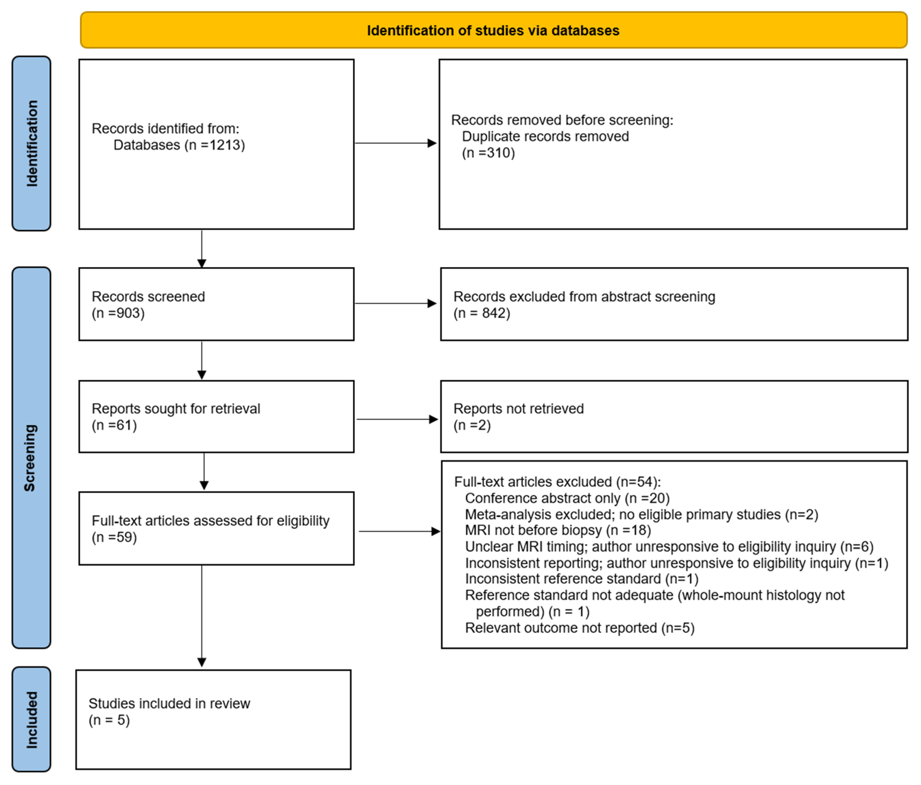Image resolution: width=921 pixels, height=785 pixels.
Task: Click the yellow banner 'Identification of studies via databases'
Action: click(493, 30)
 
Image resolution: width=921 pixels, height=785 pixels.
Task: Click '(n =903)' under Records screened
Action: click(118, 313)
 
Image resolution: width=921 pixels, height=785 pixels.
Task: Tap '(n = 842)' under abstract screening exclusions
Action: click(482, 313)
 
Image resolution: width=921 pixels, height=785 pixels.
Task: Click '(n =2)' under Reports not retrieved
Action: click(472, 426)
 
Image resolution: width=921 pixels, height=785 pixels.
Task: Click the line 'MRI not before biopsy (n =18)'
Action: click(558, 531)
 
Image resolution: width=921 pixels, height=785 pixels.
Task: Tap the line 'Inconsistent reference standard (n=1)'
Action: click(581, 579)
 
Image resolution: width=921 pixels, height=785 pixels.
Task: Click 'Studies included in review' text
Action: click(169, 704)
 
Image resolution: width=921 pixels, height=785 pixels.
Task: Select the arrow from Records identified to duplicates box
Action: click(396, 143)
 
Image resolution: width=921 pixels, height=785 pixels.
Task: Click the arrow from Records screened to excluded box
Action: click(396, 304)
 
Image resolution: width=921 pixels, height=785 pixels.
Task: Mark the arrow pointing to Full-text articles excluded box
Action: click(399, 531)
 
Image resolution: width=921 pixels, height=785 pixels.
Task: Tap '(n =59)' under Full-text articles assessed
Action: click(114, 538)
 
